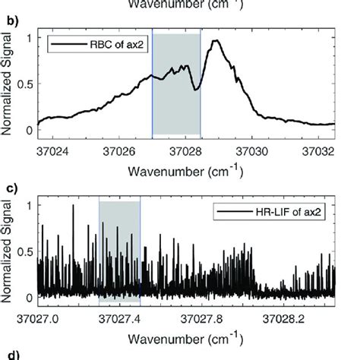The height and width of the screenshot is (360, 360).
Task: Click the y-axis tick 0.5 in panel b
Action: (26, 84)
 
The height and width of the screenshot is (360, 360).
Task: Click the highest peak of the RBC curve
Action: (216, 42)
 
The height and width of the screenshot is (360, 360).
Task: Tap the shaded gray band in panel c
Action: (119, 251)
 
